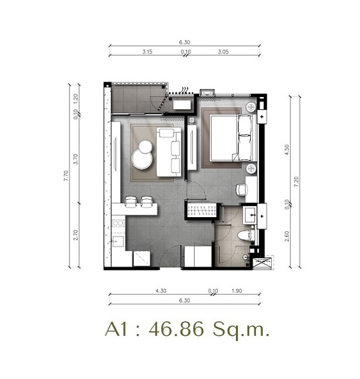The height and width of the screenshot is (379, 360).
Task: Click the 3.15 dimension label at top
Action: (147, 51)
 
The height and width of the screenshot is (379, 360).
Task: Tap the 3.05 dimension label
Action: (223, 51)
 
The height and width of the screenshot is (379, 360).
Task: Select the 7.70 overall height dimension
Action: (66, 176)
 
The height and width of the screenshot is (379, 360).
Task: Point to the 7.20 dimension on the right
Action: (296, 182)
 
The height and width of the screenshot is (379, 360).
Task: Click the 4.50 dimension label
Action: (287, 150)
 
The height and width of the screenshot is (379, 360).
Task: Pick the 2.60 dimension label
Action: (287, 236)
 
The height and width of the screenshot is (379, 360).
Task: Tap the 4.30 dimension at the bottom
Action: (161, 290)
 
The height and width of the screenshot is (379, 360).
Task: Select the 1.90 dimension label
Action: (237, 290)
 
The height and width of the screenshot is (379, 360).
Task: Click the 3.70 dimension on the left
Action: (76, 159)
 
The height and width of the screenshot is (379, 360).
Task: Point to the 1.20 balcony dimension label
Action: (76, 99)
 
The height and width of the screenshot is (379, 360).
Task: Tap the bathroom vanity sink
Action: (250, 215)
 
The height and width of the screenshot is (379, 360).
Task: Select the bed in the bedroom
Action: (233, 138)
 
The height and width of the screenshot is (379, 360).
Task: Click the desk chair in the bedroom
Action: (241, 189)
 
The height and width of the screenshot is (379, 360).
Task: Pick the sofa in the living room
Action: (169, 152)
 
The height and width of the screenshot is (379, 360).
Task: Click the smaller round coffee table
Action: (145, 146)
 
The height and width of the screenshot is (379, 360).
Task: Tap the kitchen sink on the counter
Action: (118, 223)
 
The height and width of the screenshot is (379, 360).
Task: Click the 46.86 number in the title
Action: (176, 329)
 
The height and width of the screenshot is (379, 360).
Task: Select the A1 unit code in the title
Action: (116, 329)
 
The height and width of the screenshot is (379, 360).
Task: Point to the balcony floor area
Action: (137, 99)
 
